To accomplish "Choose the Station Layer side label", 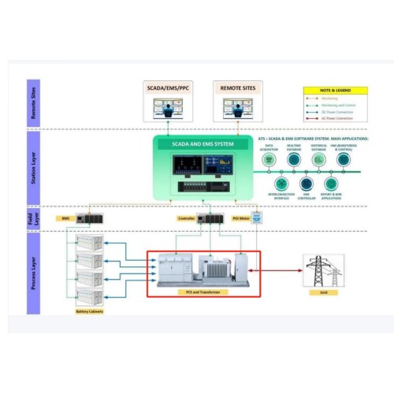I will [x=33, y=166].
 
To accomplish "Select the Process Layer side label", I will [x=33, y=273].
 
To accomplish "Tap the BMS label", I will [x=66, y=217].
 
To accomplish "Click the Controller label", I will [x=186, y=217].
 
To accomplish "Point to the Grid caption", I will [x=323, y=292].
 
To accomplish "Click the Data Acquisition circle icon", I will [x=269, y=160].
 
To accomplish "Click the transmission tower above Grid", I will [x=323, y=270].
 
